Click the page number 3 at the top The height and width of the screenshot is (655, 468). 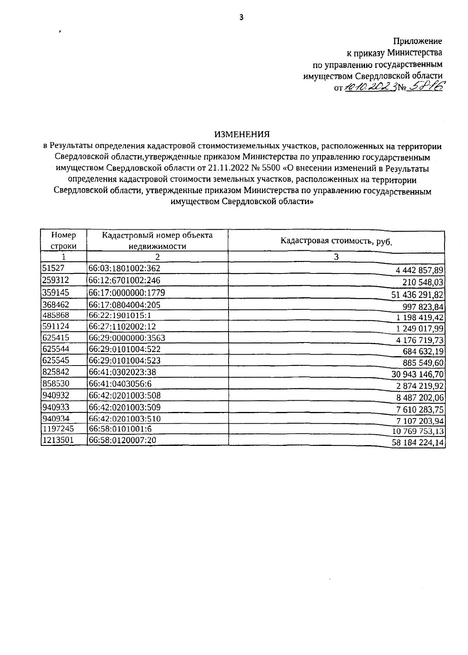(x=241, y=17)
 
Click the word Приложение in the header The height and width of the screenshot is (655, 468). (x=417, y=41)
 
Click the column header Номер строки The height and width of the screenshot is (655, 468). (x=64, y=240)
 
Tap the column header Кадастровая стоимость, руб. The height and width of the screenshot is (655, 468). (x=336, y=241)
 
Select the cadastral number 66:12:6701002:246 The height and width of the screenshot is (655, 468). (x=124, y=280)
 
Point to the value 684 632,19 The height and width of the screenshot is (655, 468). (x=423, y=351)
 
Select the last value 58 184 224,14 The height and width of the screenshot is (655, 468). (x=418, y=443)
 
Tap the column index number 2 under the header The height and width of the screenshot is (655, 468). (x=157, y=257)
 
